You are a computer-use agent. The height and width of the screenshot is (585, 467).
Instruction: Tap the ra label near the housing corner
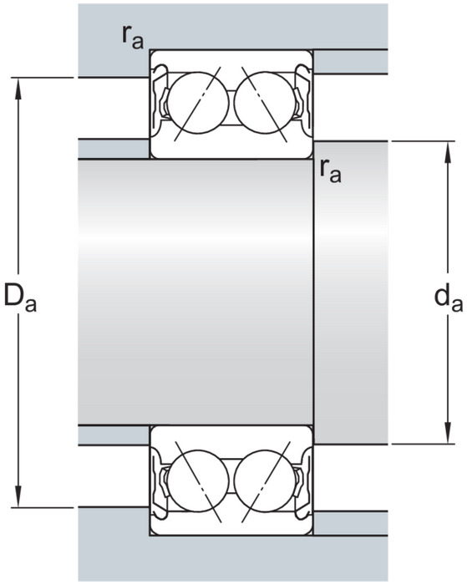coord(133,38)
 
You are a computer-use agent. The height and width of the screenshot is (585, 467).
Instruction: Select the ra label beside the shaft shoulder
coord(331,171)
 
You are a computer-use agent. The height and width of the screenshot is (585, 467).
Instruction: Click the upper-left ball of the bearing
coord(198,103)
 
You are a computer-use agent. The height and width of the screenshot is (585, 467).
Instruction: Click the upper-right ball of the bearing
coord(265,103)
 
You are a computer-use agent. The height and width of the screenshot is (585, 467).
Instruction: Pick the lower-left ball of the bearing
coord(198,481)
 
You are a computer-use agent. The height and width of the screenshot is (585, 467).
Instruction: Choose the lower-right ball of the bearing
coord(265,481)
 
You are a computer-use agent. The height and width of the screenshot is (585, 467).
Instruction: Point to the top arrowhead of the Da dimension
coord(18,89)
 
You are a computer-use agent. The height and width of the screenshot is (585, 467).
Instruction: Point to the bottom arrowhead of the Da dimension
coord(18,496)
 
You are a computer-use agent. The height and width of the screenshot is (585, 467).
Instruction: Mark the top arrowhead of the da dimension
coord(448,152)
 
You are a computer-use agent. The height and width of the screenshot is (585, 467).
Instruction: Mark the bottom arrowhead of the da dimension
coord(448,433)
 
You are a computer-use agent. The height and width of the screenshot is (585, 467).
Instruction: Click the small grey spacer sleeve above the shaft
coord(114,149)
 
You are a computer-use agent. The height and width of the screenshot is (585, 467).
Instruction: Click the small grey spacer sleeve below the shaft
coord(114,435)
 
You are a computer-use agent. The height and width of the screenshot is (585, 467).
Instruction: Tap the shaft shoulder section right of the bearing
coord(351,292)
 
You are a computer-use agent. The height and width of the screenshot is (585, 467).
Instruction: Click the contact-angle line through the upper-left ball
coord(198,104)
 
